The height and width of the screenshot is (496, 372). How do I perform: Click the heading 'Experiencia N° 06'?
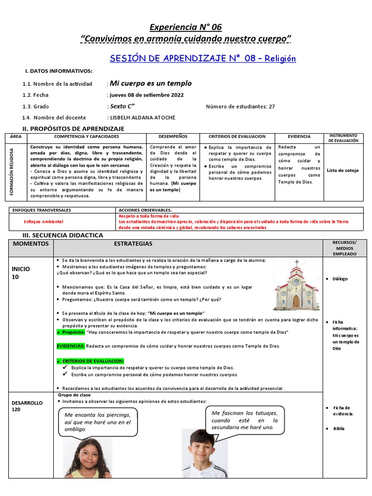click(x=186, y=27)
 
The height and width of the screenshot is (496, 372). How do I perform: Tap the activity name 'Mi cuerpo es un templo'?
click(x=151, y=83)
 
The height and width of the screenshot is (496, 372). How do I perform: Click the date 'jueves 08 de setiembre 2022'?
click(x=146, y=95)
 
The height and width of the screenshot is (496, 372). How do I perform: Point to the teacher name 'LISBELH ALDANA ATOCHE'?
click(x=142, y=117)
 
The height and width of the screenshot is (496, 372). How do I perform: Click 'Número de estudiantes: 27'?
click(x=240, y=107)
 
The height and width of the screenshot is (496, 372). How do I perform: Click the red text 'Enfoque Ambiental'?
click(x=44, y=221)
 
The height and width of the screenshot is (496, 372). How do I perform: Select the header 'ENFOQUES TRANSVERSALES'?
click(x=42, y=210)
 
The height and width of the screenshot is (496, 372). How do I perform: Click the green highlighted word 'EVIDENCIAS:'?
click(x=71, y=346)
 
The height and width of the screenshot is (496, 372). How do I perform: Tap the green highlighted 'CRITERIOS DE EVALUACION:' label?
click(x=91, y=361)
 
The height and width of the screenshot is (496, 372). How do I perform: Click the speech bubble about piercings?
click(x=98, y=422)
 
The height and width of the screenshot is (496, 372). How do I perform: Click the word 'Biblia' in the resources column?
click(x=339, y=429)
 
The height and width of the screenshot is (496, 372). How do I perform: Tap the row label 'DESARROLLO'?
click(x=28, y=403)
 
